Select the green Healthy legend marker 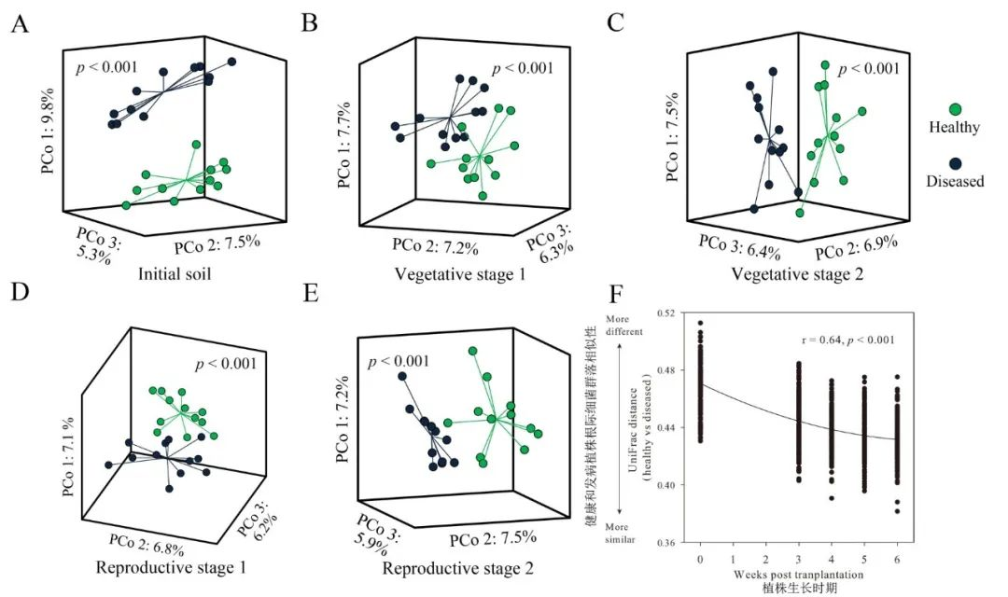[956, 108]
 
